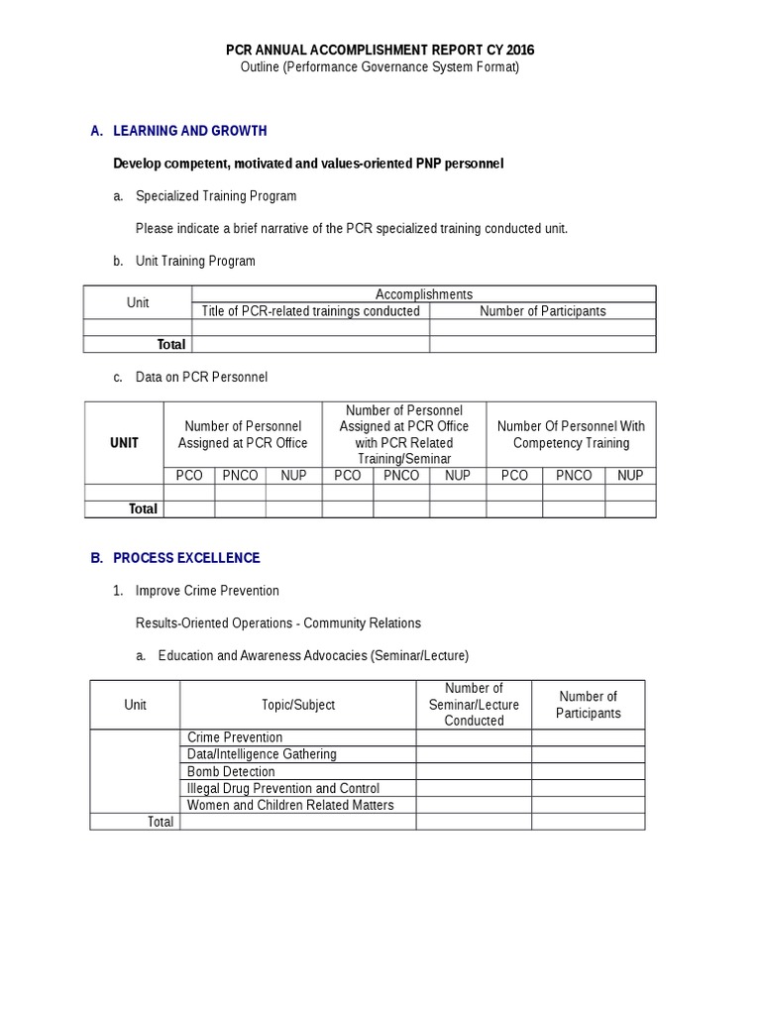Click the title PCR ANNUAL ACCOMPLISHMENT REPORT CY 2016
[380, 50]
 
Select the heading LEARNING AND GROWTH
[189, 131]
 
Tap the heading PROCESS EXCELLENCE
[186, 558]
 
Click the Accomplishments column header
[423, 294]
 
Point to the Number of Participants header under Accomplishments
[542, 311]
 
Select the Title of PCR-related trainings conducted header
[310, 311]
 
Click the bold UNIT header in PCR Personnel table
[124, 443]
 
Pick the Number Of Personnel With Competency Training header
[571, 434]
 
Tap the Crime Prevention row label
[235, 737]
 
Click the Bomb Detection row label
[232, 771]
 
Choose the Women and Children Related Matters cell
[290, 805]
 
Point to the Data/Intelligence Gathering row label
[262, 754]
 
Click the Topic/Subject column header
[297, 705]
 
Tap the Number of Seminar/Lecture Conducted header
[474, 705]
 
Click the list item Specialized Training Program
[215, 196]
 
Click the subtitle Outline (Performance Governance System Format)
[380, 67]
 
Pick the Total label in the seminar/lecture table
[160, 822]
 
